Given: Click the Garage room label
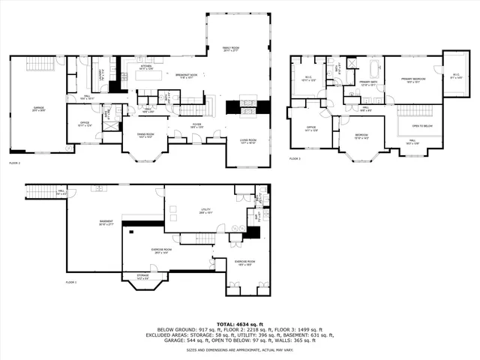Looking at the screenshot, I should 37,109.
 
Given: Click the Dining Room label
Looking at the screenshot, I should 145,136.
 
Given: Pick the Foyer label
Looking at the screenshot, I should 196,126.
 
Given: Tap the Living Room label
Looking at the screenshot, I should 247,141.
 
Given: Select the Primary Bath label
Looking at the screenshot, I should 369,83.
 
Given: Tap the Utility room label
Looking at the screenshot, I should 204,211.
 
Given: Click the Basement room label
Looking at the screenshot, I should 106,222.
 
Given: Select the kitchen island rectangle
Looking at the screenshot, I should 145,75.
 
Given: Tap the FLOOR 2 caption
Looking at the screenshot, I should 14,162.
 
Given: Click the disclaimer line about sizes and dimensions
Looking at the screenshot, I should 239,349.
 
